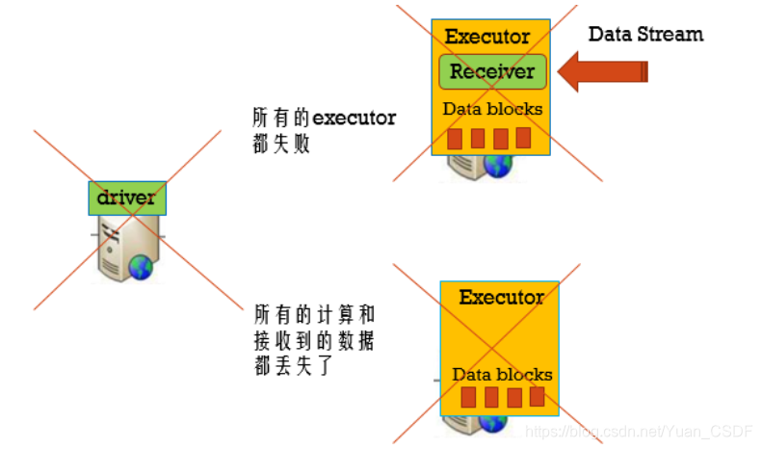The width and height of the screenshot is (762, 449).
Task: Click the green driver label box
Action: tap(127, 198)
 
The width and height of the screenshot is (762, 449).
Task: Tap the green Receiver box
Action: tap(492, 71)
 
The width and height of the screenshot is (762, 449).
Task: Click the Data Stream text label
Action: tap(645, 35)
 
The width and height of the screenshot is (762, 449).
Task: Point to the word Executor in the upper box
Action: tap(487, 38)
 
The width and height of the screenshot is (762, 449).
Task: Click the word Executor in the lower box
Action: tap(501, 297)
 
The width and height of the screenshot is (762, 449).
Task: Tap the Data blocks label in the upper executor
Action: tap(492, 109)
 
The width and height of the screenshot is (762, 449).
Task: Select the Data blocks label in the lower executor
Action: tap(502, 374)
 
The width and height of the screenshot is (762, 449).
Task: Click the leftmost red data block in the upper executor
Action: tap(455, 139)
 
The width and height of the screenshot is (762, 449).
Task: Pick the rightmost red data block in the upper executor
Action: tap(523, 138)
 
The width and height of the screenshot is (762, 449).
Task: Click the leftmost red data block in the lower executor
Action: tap(468, 397)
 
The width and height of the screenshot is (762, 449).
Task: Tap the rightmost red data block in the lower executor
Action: tap(537, 396)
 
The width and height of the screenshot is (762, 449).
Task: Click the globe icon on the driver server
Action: tap(141, 268)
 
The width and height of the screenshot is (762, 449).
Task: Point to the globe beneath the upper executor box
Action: tap(497, 165)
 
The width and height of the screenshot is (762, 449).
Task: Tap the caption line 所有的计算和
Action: tap(314, 316)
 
